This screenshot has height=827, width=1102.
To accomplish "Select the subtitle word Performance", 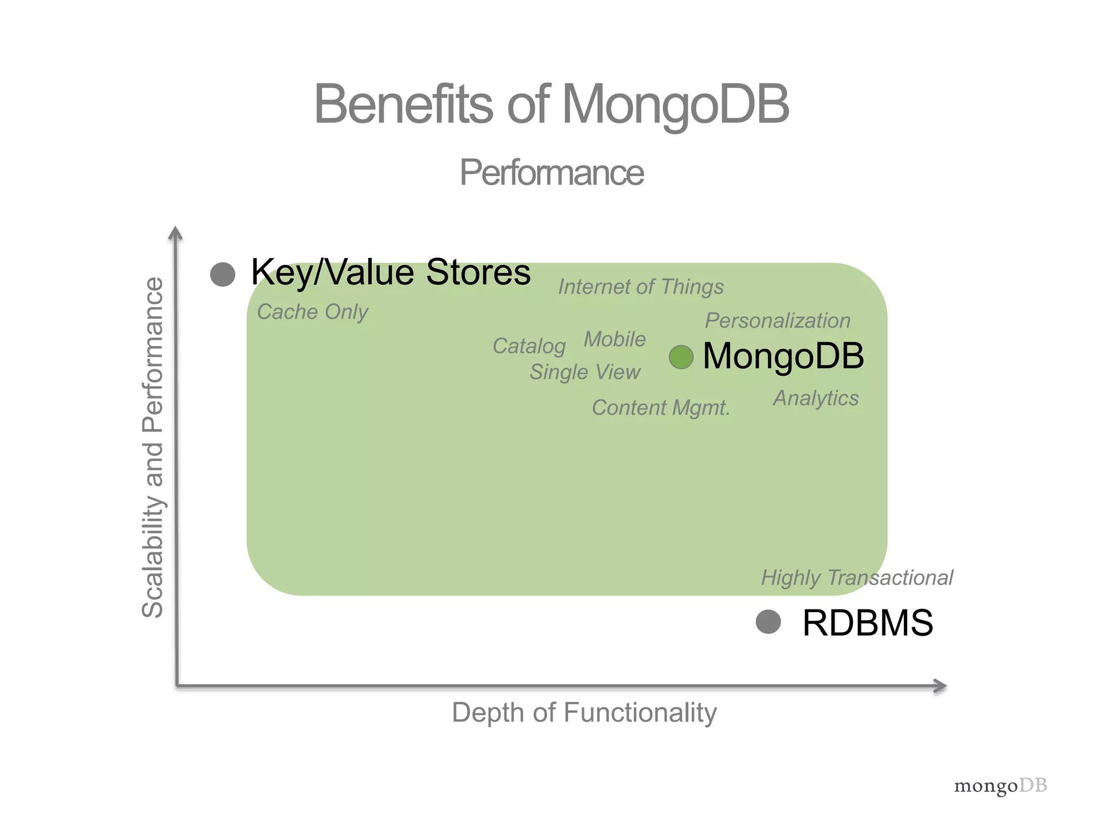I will click(552, 173).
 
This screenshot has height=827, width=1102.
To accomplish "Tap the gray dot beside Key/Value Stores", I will click(223, 274).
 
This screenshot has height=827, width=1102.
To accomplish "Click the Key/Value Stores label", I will click(391, 272).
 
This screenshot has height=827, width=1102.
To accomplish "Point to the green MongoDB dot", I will click(681, 357).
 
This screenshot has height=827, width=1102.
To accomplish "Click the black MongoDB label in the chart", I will click(783, 356).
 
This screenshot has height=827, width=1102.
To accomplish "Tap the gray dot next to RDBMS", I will click(768, 622).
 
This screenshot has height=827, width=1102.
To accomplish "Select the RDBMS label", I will click(867, 623).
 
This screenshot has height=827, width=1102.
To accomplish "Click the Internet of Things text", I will click(641, 287).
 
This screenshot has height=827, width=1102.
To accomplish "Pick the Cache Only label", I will click(313, 312).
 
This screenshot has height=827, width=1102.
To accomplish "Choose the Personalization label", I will click(778, 321).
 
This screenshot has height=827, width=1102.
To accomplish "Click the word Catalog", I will click(529, 346).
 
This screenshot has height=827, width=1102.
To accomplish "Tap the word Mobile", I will click(614, 339).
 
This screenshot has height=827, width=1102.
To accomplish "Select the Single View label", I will click(585, 372).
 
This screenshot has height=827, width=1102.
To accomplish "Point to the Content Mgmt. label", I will click(661, 408).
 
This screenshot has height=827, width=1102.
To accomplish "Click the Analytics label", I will click(816, 398).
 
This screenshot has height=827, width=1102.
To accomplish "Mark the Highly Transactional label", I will click(857, 578).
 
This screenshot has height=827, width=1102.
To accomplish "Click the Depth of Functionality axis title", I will click(584, 712).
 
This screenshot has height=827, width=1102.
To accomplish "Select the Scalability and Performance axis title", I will click(153, 447).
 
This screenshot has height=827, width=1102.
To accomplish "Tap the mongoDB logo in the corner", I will click(1000, 786).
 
